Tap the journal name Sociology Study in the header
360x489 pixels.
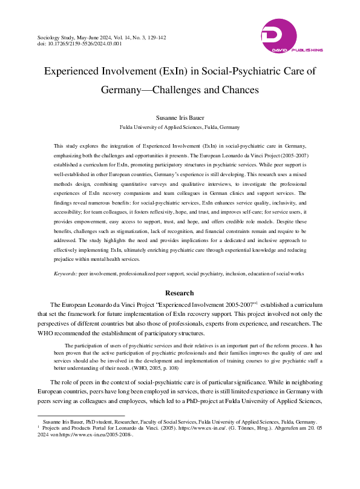(56, 38)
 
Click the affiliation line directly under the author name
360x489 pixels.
(180, 128)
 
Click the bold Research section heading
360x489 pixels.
(180, 294)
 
